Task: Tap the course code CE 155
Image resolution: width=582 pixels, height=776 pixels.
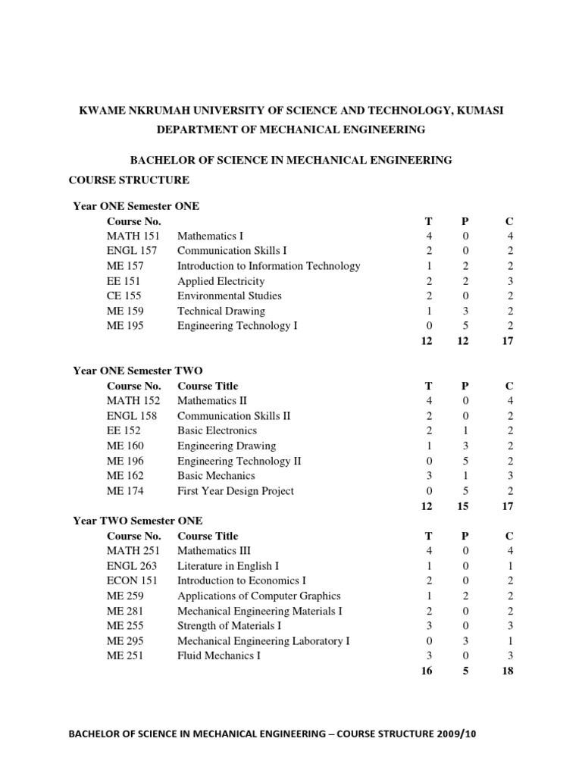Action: click(x=125, y=296)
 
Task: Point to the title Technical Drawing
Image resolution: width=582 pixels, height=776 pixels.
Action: click(x=221, y=311)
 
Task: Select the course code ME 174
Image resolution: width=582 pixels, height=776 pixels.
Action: click(x=125, y=490)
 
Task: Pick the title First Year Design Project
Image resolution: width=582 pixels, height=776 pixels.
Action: click(x=235, y=490)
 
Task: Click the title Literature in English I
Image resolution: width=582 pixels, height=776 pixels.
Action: click(x=228, y=565)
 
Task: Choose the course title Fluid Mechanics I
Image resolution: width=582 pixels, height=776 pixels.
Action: click(x=218, y=656)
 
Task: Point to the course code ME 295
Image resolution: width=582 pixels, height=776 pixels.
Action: click(x=125, y=640)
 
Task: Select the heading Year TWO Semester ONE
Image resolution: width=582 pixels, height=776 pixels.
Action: click(x=137, y=521)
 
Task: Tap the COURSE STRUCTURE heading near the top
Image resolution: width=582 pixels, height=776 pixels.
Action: click(x=129, y=180)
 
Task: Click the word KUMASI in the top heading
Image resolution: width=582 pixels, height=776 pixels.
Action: click(x=480, y=111)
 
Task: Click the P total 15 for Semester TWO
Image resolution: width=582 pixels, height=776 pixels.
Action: click(x=463, y=506)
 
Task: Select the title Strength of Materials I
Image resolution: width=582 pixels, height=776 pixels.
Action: click(x=229, y=625)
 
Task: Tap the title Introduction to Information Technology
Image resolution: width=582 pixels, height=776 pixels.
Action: click(x=268, y=266)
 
